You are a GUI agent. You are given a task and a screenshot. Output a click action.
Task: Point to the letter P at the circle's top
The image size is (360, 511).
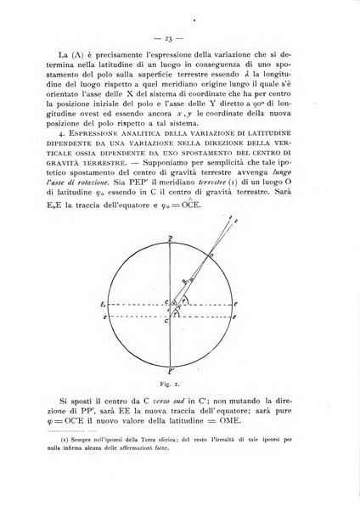coord(172,239)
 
